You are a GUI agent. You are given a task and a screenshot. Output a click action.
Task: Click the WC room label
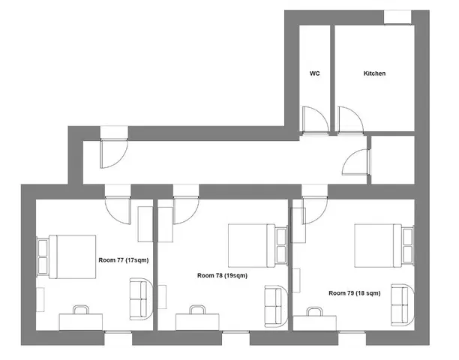[x=315, y=73]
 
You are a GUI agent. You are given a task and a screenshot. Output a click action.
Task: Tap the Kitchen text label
[x=374, y=73]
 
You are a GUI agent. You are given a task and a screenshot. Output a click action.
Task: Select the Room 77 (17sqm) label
[x=124, y=259]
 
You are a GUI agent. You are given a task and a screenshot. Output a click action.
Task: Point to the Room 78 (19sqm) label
[x=222, y=275]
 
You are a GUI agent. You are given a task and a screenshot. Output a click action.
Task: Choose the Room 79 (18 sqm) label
[x=354, y=292]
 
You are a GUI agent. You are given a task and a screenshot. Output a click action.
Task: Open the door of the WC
[x=313, y=120]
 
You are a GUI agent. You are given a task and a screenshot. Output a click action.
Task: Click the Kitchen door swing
[x=349, y=120]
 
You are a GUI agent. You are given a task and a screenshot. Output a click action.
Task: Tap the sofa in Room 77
[x=139, y=297]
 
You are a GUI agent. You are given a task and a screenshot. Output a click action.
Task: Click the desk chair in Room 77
[x=81, y=309]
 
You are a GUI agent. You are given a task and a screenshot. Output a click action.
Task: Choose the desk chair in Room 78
[x=198, y=309]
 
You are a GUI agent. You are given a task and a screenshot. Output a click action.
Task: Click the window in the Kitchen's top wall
[x=397, y=16]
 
